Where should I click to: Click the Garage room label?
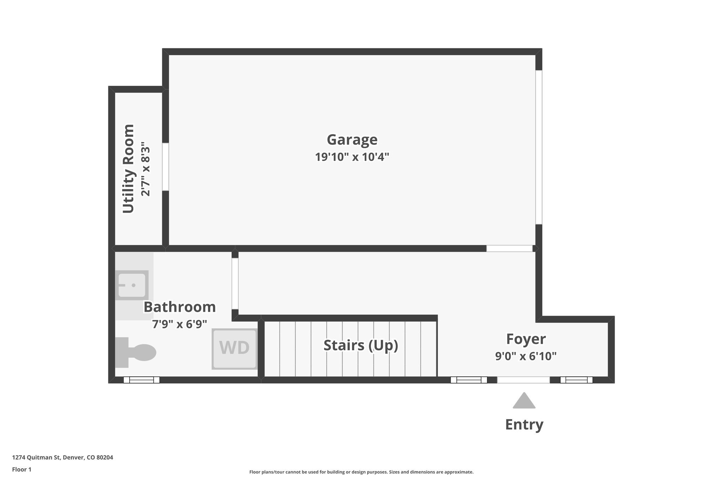click(x=352, y=140)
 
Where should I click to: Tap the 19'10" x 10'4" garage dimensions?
click(x=352, y=157)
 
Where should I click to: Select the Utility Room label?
click(x=129, y=169)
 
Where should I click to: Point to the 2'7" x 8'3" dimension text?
click(x=145, y=169)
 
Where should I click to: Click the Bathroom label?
click(x=179, y=307)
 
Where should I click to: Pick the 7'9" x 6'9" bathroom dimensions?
click(x=179, y=324)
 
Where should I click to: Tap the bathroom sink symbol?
click(x=131, y=285)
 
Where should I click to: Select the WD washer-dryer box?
click(x=234, y=349)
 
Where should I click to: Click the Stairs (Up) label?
click(x=360, y=345)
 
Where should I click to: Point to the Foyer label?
click(x=526, y=339)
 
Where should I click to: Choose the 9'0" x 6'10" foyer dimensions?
click(x=526, y=356)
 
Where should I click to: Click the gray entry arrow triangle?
click(x=524, y=401)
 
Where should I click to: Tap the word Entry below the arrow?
click(x=524, y=424)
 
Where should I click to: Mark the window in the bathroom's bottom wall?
click(x=141, y=380)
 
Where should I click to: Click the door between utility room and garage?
click(x=165, y=167)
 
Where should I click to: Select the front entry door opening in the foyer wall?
click(x=523, y=380)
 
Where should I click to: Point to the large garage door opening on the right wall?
click(x=539, y=147)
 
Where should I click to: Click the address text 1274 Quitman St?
click(x=62, y=457)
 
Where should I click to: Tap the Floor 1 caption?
click(x=22, y=469)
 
